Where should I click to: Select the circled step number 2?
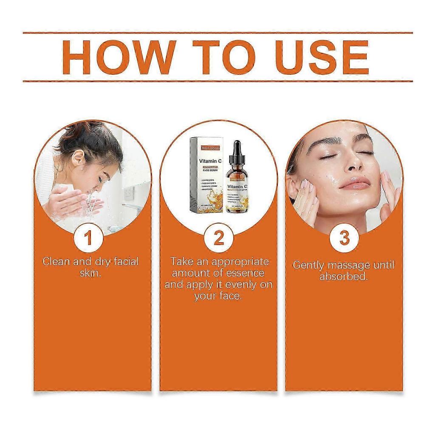click(218, 238)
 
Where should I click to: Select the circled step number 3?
click(344, 238)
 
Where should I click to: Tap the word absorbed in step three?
click(343, 277)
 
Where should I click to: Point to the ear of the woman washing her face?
click(77, 158)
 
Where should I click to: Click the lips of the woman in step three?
click(355, 183)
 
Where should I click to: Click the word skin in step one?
click(90, 273)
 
